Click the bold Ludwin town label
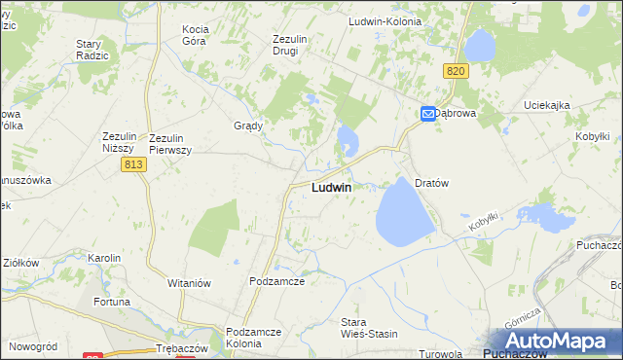[331, 187]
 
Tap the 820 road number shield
[456, 71]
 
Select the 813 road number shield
[134, 167]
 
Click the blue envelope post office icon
[427, 114]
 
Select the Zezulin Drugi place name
[290, 45]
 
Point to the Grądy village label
[249, 126]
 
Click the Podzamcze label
[277, 281]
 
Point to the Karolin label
[104, 258]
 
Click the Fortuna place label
[111, 302]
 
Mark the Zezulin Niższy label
[124, 143]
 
